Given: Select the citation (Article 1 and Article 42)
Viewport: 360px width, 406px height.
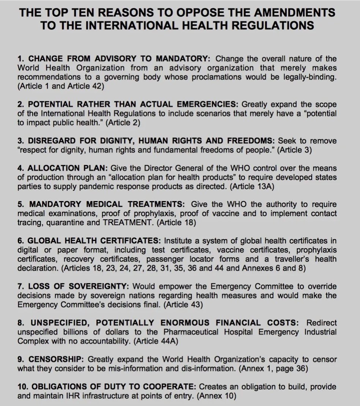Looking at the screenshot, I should click(x=61, y=86).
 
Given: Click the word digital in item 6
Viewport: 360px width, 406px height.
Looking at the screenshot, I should click(x=28, y=250).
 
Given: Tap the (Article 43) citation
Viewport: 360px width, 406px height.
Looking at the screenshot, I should click(x=183, y=305).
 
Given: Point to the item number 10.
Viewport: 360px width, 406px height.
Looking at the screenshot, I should click(x=22, y=387).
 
